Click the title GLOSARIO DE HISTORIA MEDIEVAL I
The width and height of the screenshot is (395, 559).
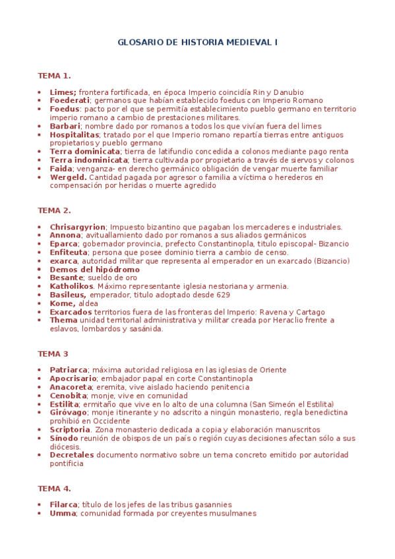[197, 42]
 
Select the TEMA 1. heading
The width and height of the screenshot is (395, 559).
[54, 75]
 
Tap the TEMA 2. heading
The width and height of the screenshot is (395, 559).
[54, 210]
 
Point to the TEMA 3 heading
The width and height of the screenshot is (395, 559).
[53, 353]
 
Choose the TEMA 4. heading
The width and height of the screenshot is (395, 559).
[54, 488]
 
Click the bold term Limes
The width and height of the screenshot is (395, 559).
[63, 92]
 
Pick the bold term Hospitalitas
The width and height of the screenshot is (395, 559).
[74, 134]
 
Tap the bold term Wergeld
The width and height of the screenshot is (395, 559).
[68, 177]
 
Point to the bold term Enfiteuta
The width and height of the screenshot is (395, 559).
[69, 252]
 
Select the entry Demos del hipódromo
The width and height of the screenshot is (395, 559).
[94, 270]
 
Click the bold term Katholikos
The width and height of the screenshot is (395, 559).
[71, 286]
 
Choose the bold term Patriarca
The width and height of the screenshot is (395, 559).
[69, 370]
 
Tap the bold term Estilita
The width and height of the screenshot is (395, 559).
[64, 404]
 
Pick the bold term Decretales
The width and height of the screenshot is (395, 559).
[72, 455]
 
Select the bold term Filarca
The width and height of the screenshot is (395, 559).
[63, 505]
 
